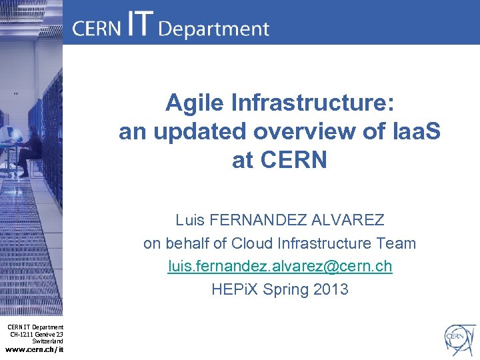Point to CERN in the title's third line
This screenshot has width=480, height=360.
295,161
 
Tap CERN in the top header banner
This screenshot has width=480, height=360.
97,29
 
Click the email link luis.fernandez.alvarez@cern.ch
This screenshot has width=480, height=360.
280,267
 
